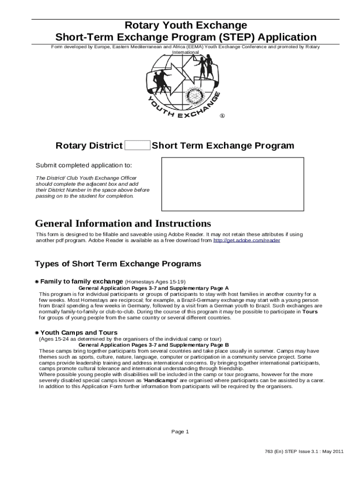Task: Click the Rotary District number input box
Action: [x=137, y=145]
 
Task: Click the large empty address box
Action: [x=232, y=184]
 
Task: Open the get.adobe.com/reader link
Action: [x=246, y=240]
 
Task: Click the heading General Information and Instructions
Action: [x=123, y=224]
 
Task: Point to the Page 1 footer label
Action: [x=180, y=432]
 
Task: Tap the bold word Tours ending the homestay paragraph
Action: [x=310, y=311]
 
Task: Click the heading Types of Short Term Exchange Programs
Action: [x=118, y=264]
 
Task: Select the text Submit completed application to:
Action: [x=84, y=166]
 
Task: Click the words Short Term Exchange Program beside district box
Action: [x=223, y=145]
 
